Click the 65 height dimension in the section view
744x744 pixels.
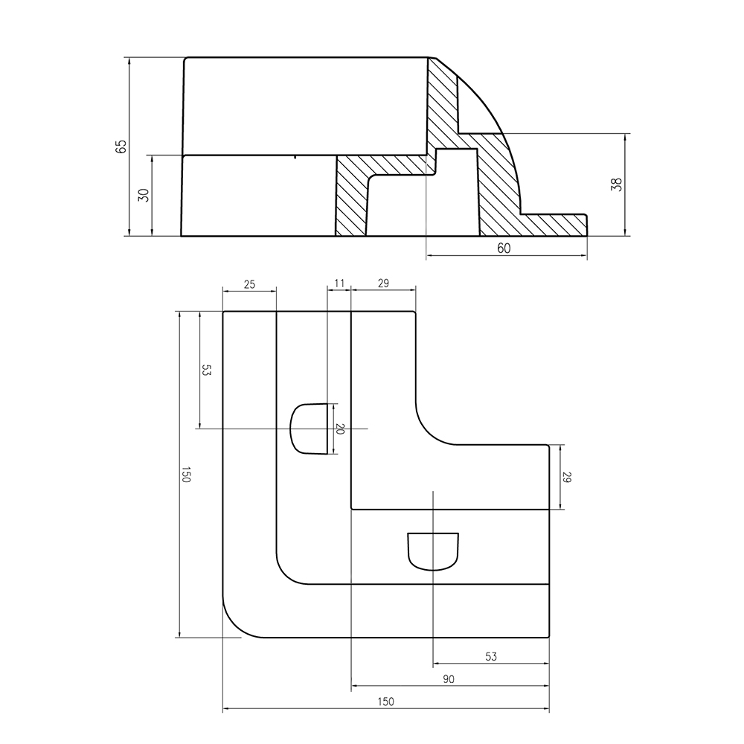(x=121, y=146)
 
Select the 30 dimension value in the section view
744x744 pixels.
(x=144, y=195)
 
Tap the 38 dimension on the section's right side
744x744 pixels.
(x=616, y=185)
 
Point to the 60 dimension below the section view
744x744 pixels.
(x=504, y=248)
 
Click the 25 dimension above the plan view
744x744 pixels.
(x=249, y=283)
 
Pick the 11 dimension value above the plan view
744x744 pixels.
(x=339, y=283)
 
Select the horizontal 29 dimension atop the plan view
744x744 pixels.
(x=383, y=283)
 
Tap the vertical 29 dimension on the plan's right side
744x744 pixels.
(x=567, y=478)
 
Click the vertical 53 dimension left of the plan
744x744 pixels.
(x=207, y=371)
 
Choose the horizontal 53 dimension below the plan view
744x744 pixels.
(x=490, y=656)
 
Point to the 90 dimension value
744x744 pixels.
(x=449, y=679)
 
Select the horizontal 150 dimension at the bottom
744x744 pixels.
(x=385, y=702)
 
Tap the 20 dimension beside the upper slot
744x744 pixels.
(x=341, y=429)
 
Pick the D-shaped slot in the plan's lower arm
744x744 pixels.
(x=433, y=551)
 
